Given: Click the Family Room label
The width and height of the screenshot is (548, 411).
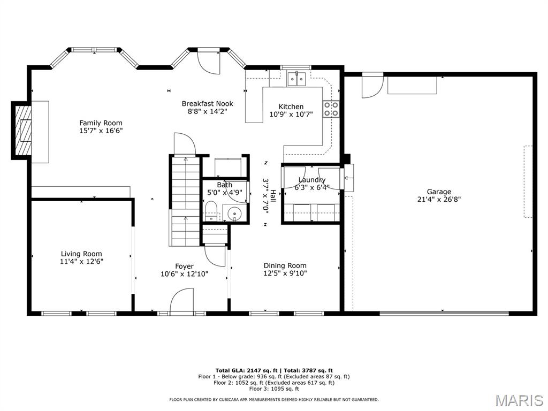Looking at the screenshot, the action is tap(101, 123).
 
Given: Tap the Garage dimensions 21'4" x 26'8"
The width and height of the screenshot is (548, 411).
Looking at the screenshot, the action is tap(439, 200).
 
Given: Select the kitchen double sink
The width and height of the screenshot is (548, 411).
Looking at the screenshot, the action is tap(296, 79).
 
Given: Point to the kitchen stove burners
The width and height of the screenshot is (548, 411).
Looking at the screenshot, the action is tap(331, 109).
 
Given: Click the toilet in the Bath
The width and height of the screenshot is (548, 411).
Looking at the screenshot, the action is tap(211, 211).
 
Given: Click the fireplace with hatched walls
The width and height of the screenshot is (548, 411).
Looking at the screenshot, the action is tap(21, 131).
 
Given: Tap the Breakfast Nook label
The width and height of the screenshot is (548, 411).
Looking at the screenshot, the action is tap(207, 104).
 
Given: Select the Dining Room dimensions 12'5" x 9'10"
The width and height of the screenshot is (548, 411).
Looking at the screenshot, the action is tap(285, 273).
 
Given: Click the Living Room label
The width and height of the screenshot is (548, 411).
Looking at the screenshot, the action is tap(81, 254).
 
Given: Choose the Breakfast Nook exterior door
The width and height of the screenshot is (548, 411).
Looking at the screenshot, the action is tap(209, 62).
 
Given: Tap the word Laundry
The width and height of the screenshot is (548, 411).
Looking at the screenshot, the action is tap(312, 180).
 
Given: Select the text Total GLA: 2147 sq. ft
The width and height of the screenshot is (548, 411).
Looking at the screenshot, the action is tap(246, 370).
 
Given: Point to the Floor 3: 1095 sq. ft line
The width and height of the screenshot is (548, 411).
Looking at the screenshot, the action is tap(274, 389).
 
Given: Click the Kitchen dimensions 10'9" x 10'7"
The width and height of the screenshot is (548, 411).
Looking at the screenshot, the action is tap(291, 115).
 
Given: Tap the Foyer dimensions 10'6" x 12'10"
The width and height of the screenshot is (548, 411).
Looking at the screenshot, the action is tap(184, 274).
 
